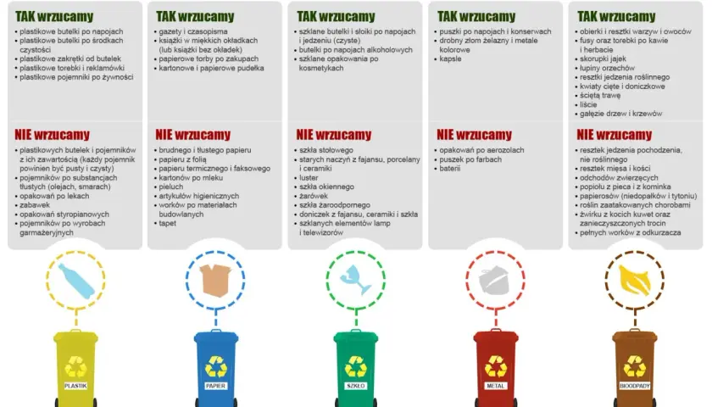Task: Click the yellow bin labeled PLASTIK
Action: point(75,369)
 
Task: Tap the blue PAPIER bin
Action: point(215,369)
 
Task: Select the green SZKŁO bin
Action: point(355,369)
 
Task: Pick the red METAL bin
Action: point(495,369)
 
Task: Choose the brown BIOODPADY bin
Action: point(635,369)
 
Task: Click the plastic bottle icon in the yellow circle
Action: point(76,282)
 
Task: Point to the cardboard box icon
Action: point(215,281)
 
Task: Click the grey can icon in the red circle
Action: point(494,282)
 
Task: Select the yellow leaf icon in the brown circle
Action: point(634,281)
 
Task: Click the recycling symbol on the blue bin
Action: point(216,366)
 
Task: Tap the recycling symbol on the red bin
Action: point(496,366)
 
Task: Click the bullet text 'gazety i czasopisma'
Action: point(193,32)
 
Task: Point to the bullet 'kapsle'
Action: point(450,59)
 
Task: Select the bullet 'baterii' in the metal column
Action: point(449,169)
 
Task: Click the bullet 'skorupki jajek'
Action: point(603,59)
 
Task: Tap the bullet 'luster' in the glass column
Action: point(309,178)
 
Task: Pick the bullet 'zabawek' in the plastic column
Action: point(35,205)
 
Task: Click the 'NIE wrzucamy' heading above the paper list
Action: point(193,135)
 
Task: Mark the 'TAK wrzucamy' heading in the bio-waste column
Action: point(616,17)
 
